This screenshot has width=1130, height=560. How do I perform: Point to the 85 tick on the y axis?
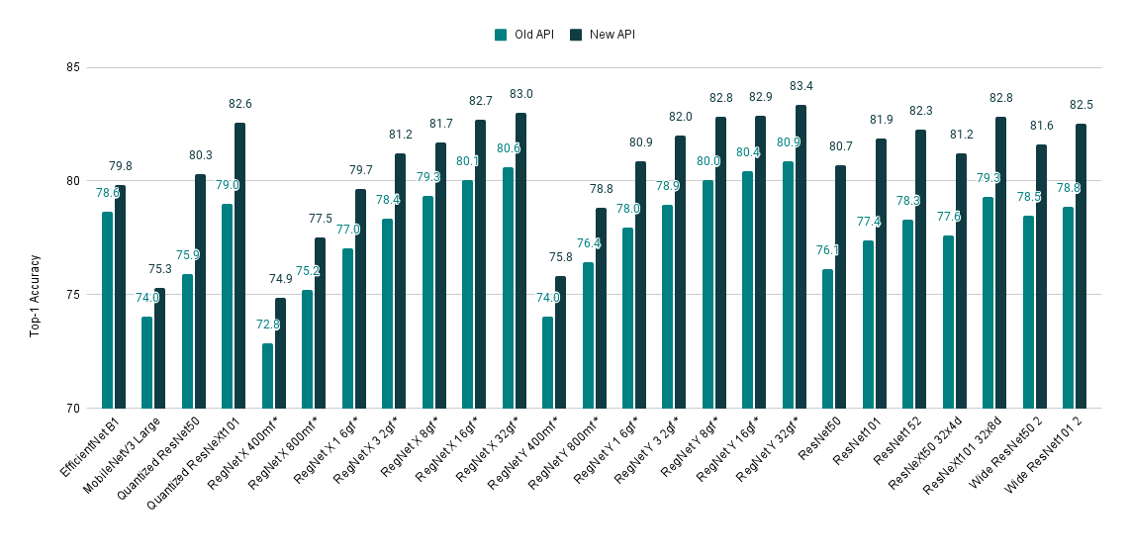72,68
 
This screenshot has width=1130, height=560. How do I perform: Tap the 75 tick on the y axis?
72,295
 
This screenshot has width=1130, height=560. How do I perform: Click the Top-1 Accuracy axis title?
34,295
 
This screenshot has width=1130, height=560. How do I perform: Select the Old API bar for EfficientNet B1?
107,310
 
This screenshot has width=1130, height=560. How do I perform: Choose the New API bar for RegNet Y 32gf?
800,256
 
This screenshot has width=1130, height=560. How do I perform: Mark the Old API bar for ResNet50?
827,338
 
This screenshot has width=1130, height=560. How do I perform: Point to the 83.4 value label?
800,87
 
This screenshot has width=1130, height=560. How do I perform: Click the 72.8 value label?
267,325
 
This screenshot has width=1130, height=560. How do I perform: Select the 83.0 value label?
520,94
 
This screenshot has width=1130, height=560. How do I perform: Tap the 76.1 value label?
827,250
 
